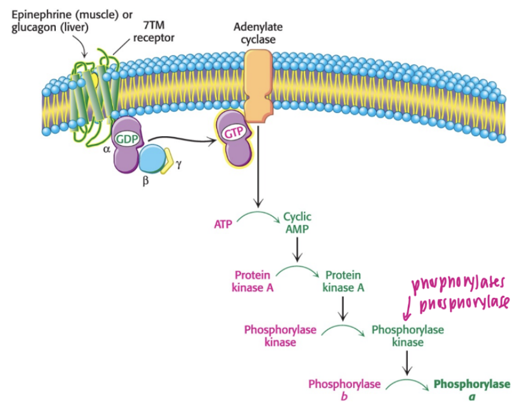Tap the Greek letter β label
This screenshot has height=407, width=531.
click(145, 182)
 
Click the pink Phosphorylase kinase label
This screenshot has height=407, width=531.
click(280, 336)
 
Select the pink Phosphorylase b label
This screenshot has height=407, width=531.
click(344, 390)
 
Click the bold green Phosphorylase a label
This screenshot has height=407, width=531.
click(472, 390)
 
